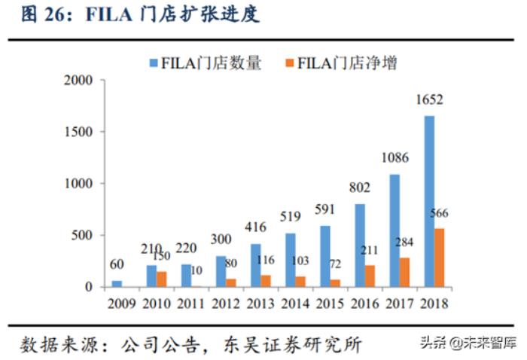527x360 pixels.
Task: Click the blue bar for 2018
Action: pos(428,201)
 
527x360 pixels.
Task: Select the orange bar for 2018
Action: pos(439,257)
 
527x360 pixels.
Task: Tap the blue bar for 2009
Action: pos(116,283)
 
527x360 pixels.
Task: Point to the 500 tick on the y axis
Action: pos(82,235)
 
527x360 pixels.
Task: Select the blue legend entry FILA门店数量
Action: pos(205,63)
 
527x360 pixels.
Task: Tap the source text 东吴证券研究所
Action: pos(293,344)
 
